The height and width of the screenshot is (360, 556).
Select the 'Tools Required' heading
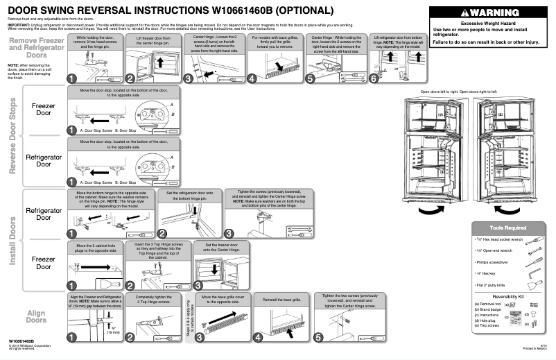506,227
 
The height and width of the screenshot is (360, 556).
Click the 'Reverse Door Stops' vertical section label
12,136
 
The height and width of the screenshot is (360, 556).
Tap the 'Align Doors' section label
35,316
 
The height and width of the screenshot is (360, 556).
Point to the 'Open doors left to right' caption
443,92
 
